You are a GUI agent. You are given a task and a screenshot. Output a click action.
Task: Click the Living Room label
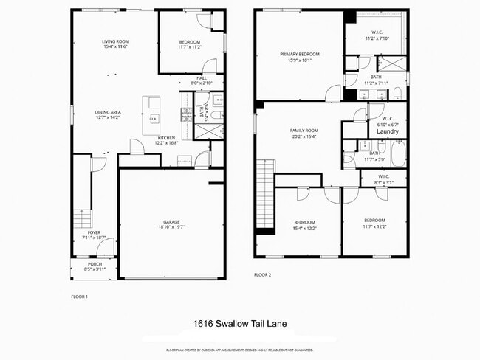pos(115,41)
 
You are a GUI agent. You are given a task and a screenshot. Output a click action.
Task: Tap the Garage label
pos(171,221)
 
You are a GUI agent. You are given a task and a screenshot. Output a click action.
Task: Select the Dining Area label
pos(109,112)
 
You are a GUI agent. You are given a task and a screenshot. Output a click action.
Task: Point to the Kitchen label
pos(167,138)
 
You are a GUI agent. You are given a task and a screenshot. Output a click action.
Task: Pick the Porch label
pos(95,263)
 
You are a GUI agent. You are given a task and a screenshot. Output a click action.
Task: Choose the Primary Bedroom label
pos(299,54)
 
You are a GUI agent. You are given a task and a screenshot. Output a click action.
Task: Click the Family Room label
pos(302,130)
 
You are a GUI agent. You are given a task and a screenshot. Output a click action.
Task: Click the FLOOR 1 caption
pos(79,297)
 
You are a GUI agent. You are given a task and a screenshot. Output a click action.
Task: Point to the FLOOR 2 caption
pos(262,274)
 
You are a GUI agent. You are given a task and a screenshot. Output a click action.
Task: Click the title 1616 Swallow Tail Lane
pos(239,323)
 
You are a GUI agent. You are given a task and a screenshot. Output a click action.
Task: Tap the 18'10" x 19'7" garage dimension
pos(171,227)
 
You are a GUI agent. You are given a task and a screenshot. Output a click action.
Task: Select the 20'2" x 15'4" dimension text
pos(302,136)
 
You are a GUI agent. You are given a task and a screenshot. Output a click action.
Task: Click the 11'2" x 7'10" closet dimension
pos(376,38)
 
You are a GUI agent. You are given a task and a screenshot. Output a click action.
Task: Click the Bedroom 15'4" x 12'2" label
pos(304,224)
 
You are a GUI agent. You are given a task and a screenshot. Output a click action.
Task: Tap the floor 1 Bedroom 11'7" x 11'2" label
pos(190,45)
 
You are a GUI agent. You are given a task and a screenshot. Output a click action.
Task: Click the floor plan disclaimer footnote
pos(239,349)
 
